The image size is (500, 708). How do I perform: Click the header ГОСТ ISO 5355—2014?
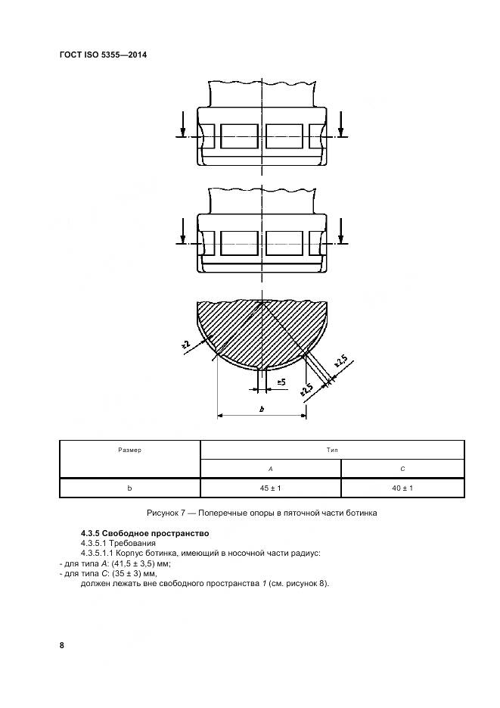click(x=103, y=55)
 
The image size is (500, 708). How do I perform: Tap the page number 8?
click(x=61, y=645)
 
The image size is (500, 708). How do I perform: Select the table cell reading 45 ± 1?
click(x=270, y=488)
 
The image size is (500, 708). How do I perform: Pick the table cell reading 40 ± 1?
click(x=402, y=488)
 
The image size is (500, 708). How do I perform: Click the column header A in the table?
click(x=270, y=469)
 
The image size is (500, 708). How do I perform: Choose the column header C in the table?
click(x=402, y=469)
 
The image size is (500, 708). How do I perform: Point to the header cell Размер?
click(x=129, y=450)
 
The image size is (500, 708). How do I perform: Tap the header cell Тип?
click(x=332, y=450)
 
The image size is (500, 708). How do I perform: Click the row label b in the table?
click(x=129, y=488)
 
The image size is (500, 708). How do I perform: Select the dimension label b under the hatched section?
click(x=261, y=409)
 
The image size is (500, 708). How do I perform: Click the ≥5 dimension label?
click(x=281, y=383)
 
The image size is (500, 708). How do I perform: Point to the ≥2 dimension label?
click(x=185, y=345)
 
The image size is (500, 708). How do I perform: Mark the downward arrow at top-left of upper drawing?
click(x=182, y=123)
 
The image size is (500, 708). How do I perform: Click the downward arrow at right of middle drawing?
click(x=341, y=229)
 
